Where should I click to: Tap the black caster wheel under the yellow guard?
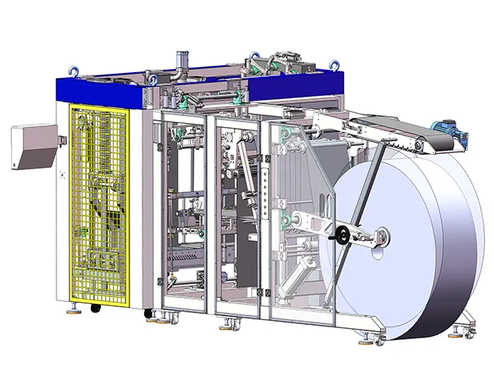pyautogui.click(x=96, y=308)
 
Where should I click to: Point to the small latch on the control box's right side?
pyautogui.click(x=61, y=140)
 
